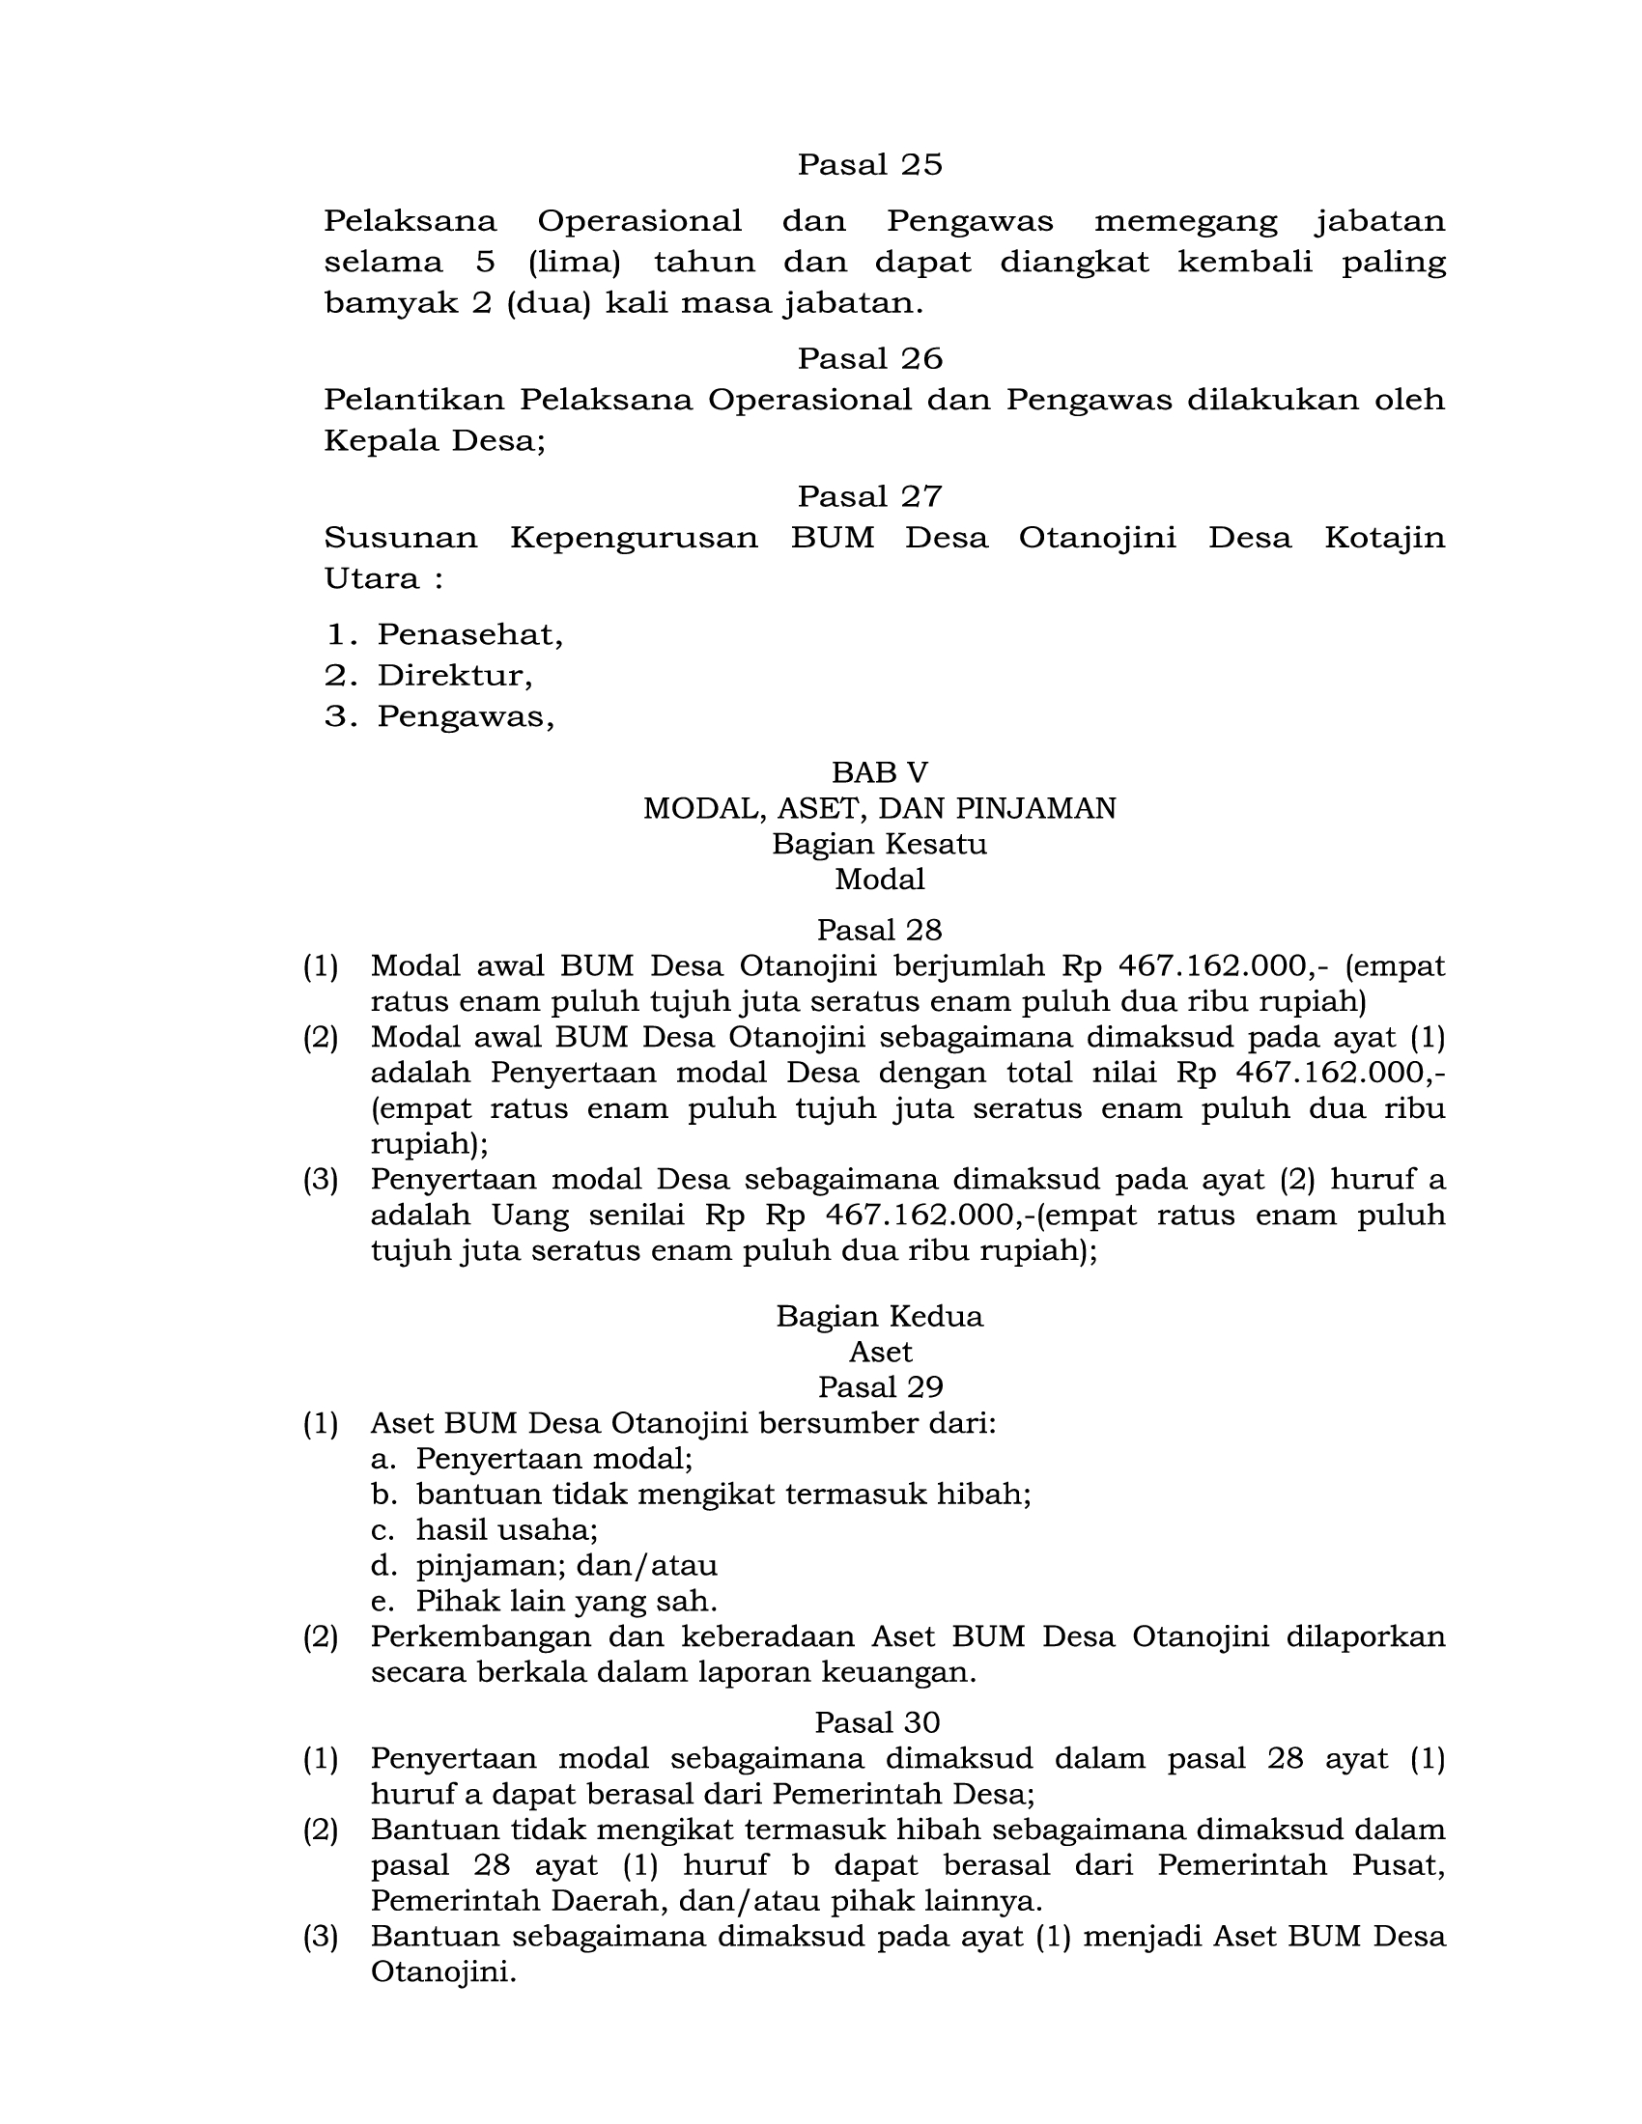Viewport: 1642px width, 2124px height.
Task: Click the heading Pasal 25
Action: tap(869, 164)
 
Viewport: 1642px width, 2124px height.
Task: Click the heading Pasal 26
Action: tap(869, 359)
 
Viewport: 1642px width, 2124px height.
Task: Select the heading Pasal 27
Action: tap(869, 497)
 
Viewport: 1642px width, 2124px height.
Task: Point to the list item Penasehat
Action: tap(469, 635)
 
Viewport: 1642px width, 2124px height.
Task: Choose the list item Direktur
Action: tap(454, 676)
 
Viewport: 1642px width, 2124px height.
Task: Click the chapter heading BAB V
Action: tap(879, 772)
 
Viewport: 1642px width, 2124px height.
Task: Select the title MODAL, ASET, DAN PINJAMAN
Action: tap(879, 808)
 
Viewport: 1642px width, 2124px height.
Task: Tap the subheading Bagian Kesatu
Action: tap(879, 844)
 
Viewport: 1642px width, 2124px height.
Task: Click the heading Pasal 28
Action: tap(879, 931)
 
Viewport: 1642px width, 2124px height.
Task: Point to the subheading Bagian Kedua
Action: tap(879, 1317)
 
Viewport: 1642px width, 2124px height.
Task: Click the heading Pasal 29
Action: tap(879, 1386)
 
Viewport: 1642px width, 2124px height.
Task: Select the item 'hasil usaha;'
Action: tap(507, 1530)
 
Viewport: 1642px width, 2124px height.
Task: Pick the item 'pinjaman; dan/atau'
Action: tap(566, 1566)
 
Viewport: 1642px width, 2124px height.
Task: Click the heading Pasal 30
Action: tap(877, 1723)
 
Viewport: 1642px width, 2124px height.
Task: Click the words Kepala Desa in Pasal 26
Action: tap(434, 441)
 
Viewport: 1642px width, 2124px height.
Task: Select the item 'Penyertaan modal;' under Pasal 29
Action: tap(553, 1459)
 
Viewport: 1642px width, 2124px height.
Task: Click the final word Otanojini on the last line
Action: tap(440, 1973)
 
